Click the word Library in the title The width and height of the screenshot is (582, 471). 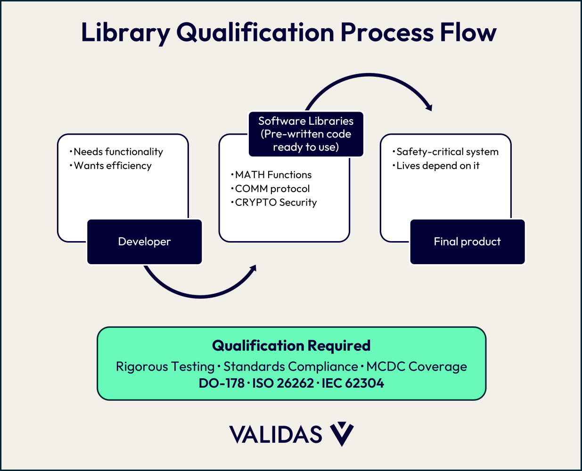coord(125,32)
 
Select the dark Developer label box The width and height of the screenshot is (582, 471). coord(144,242)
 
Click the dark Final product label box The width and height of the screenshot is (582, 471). coord(467,242)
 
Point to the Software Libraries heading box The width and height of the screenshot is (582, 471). coord(306,134)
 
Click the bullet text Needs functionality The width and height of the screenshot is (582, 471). coord(118,152)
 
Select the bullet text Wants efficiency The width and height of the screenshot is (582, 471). coord(113,166)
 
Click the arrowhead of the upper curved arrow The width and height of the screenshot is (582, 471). coord(428,107)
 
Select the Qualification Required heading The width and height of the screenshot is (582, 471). coord(291,346)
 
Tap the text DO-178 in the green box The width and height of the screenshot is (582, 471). coord(221,383)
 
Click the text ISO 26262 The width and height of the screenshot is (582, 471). coord(283,383)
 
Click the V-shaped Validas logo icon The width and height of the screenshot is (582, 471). coord(342,434)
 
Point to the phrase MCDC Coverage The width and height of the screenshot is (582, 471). coord(417,366)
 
